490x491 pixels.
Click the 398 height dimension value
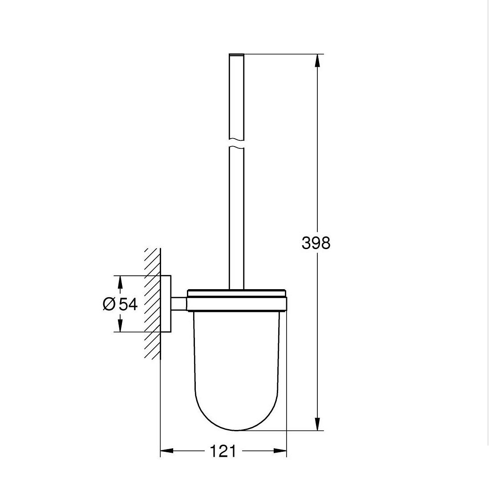click(316, 243)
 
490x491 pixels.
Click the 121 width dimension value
click(223, 451)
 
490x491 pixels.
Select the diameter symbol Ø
click(109, 304)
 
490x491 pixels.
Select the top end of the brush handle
click(236, 55)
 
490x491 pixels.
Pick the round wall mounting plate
click(166, 304)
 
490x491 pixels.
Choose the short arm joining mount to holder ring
click(179, 304)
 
